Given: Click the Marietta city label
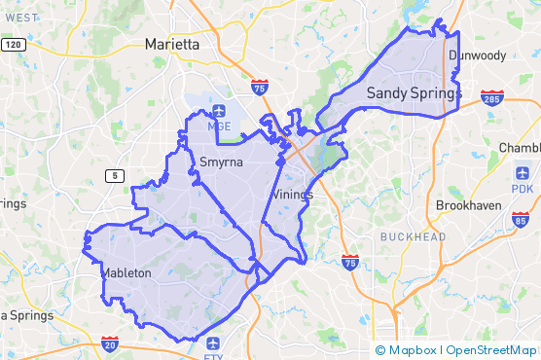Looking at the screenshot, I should pos(171,45).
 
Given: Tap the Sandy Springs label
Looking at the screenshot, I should pos(413,93).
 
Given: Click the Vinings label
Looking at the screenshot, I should pos(292,195).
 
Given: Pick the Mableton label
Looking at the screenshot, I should pos(126,274).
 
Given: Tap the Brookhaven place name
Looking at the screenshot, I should pos(468,206).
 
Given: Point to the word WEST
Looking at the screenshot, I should pos(20,18).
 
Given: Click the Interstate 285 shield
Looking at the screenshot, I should pos(491,98).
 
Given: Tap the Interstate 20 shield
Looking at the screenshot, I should pos(110,343).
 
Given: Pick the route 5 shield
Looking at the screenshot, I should pos(116,175).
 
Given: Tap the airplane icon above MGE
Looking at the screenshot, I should pos(218,109).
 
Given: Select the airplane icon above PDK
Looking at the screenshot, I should pos(523,172).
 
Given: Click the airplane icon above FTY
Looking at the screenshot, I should pos(213,343).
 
